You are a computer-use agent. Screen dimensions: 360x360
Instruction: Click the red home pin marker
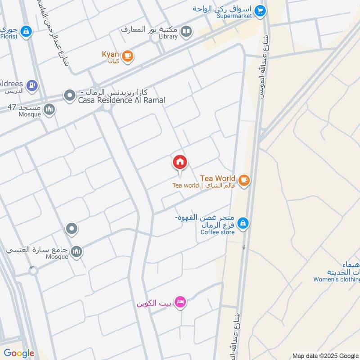coord(180,162)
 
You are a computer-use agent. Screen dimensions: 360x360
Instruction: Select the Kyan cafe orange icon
coord(128,55)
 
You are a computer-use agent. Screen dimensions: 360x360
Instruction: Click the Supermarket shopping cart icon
coord(260,10)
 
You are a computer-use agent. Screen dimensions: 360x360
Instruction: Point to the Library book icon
coord(186,31)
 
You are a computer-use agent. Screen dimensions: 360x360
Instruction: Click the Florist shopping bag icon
coord(27,31)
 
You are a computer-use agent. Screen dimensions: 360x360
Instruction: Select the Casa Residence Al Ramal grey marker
coord(69,95)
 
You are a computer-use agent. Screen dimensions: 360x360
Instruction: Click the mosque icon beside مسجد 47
coord(49,108)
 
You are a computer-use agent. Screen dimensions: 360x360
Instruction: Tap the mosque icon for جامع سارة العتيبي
coord(76,251)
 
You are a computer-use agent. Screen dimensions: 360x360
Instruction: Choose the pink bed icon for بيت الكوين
coord(180,302)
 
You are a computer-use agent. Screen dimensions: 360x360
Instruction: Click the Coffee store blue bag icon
coord(243,223)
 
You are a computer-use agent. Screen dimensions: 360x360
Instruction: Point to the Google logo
coord(19,353)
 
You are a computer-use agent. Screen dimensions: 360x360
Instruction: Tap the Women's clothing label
coord(337,279)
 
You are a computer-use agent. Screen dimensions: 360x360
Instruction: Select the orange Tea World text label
coord(218,178)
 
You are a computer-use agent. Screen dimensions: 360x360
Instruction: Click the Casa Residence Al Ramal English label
coord(121,100)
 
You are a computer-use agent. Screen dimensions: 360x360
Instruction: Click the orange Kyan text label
coord(110,54)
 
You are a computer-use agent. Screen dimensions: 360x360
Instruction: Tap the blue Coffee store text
coord(217,232)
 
